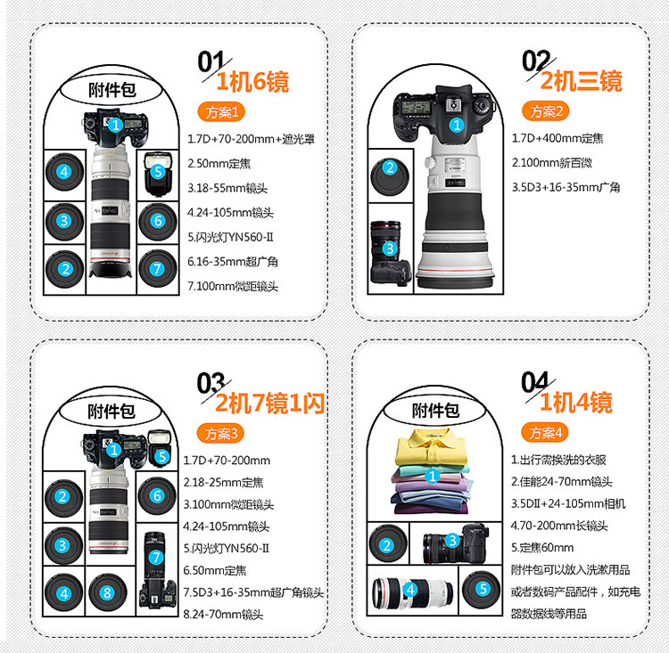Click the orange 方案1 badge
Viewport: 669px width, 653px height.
[x=221, y=112]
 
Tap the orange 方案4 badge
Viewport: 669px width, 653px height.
[x=545, y=433]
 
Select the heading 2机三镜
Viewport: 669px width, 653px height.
[x=582, y=80]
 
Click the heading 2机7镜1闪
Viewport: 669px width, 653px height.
[x=270, y=403]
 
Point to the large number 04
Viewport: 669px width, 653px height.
[x=535, y=382]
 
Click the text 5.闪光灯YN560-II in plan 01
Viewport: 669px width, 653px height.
[x=230, y=237]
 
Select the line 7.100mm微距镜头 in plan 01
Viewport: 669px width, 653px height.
[x=233, y=286]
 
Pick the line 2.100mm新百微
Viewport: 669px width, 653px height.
[x=552, y=162]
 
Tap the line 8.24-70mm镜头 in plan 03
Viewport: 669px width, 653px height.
[x=223, y=614]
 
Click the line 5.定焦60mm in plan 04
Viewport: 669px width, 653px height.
[x=542, y=547]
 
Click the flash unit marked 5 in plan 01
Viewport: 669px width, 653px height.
[x=158, y=174]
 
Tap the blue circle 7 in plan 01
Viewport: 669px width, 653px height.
[x=157, y=268]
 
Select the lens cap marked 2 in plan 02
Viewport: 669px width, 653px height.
[x=390, y=177]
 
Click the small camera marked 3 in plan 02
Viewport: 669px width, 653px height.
[x=391, y=253]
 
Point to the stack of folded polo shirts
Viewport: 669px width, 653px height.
[x=433, y=471]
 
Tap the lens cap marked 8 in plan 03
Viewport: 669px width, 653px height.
[x=108, y=592]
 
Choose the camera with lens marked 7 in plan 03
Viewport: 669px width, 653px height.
[x=157, y=570]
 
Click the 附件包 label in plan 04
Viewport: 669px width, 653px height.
[x=435, y=411]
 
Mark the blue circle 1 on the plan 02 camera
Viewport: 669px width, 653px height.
[x=457, y=125]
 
